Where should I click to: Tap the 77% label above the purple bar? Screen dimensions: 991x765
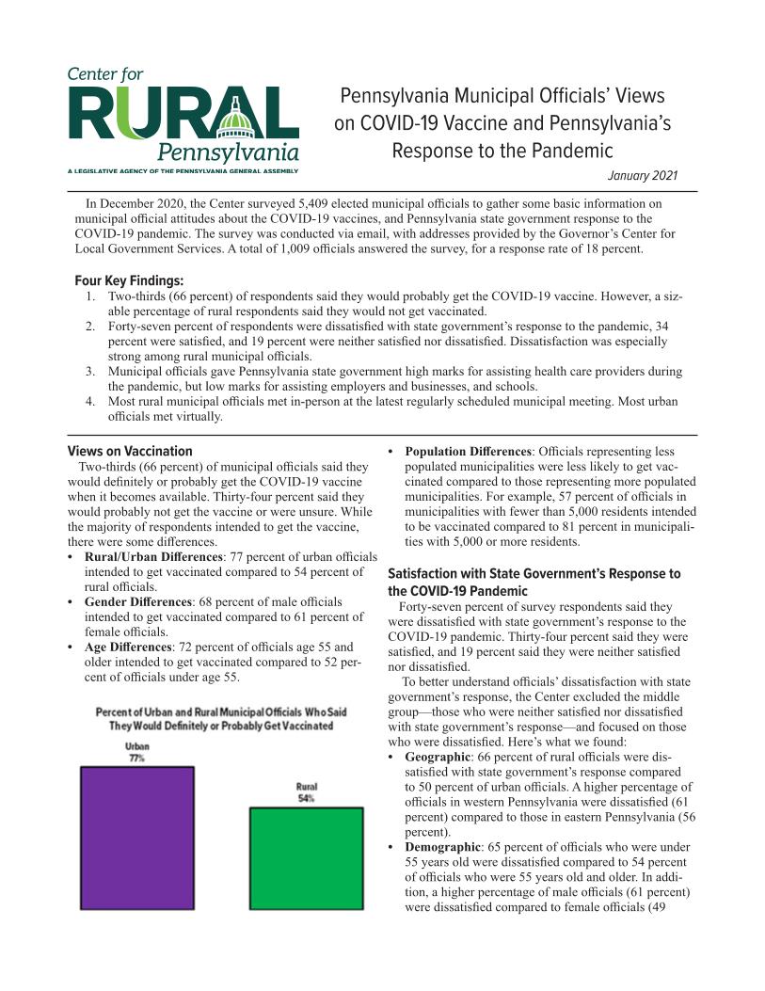(x=136, y=757)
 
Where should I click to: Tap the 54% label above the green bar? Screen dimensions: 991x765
(x=306, y=798)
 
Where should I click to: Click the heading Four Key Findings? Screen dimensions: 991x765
(x=129, y=280)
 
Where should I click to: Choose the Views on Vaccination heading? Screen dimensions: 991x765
(x=130, y=451)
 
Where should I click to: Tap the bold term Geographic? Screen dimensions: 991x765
(x=438, y=757)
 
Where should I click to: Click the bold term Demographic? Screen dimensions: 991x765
(x=442, y=847)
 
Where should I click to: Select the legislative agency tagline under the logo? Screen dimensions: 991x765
(x=183, y=170)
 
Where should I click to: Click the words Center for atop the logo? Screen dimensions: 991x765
(x=104, y=74)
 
